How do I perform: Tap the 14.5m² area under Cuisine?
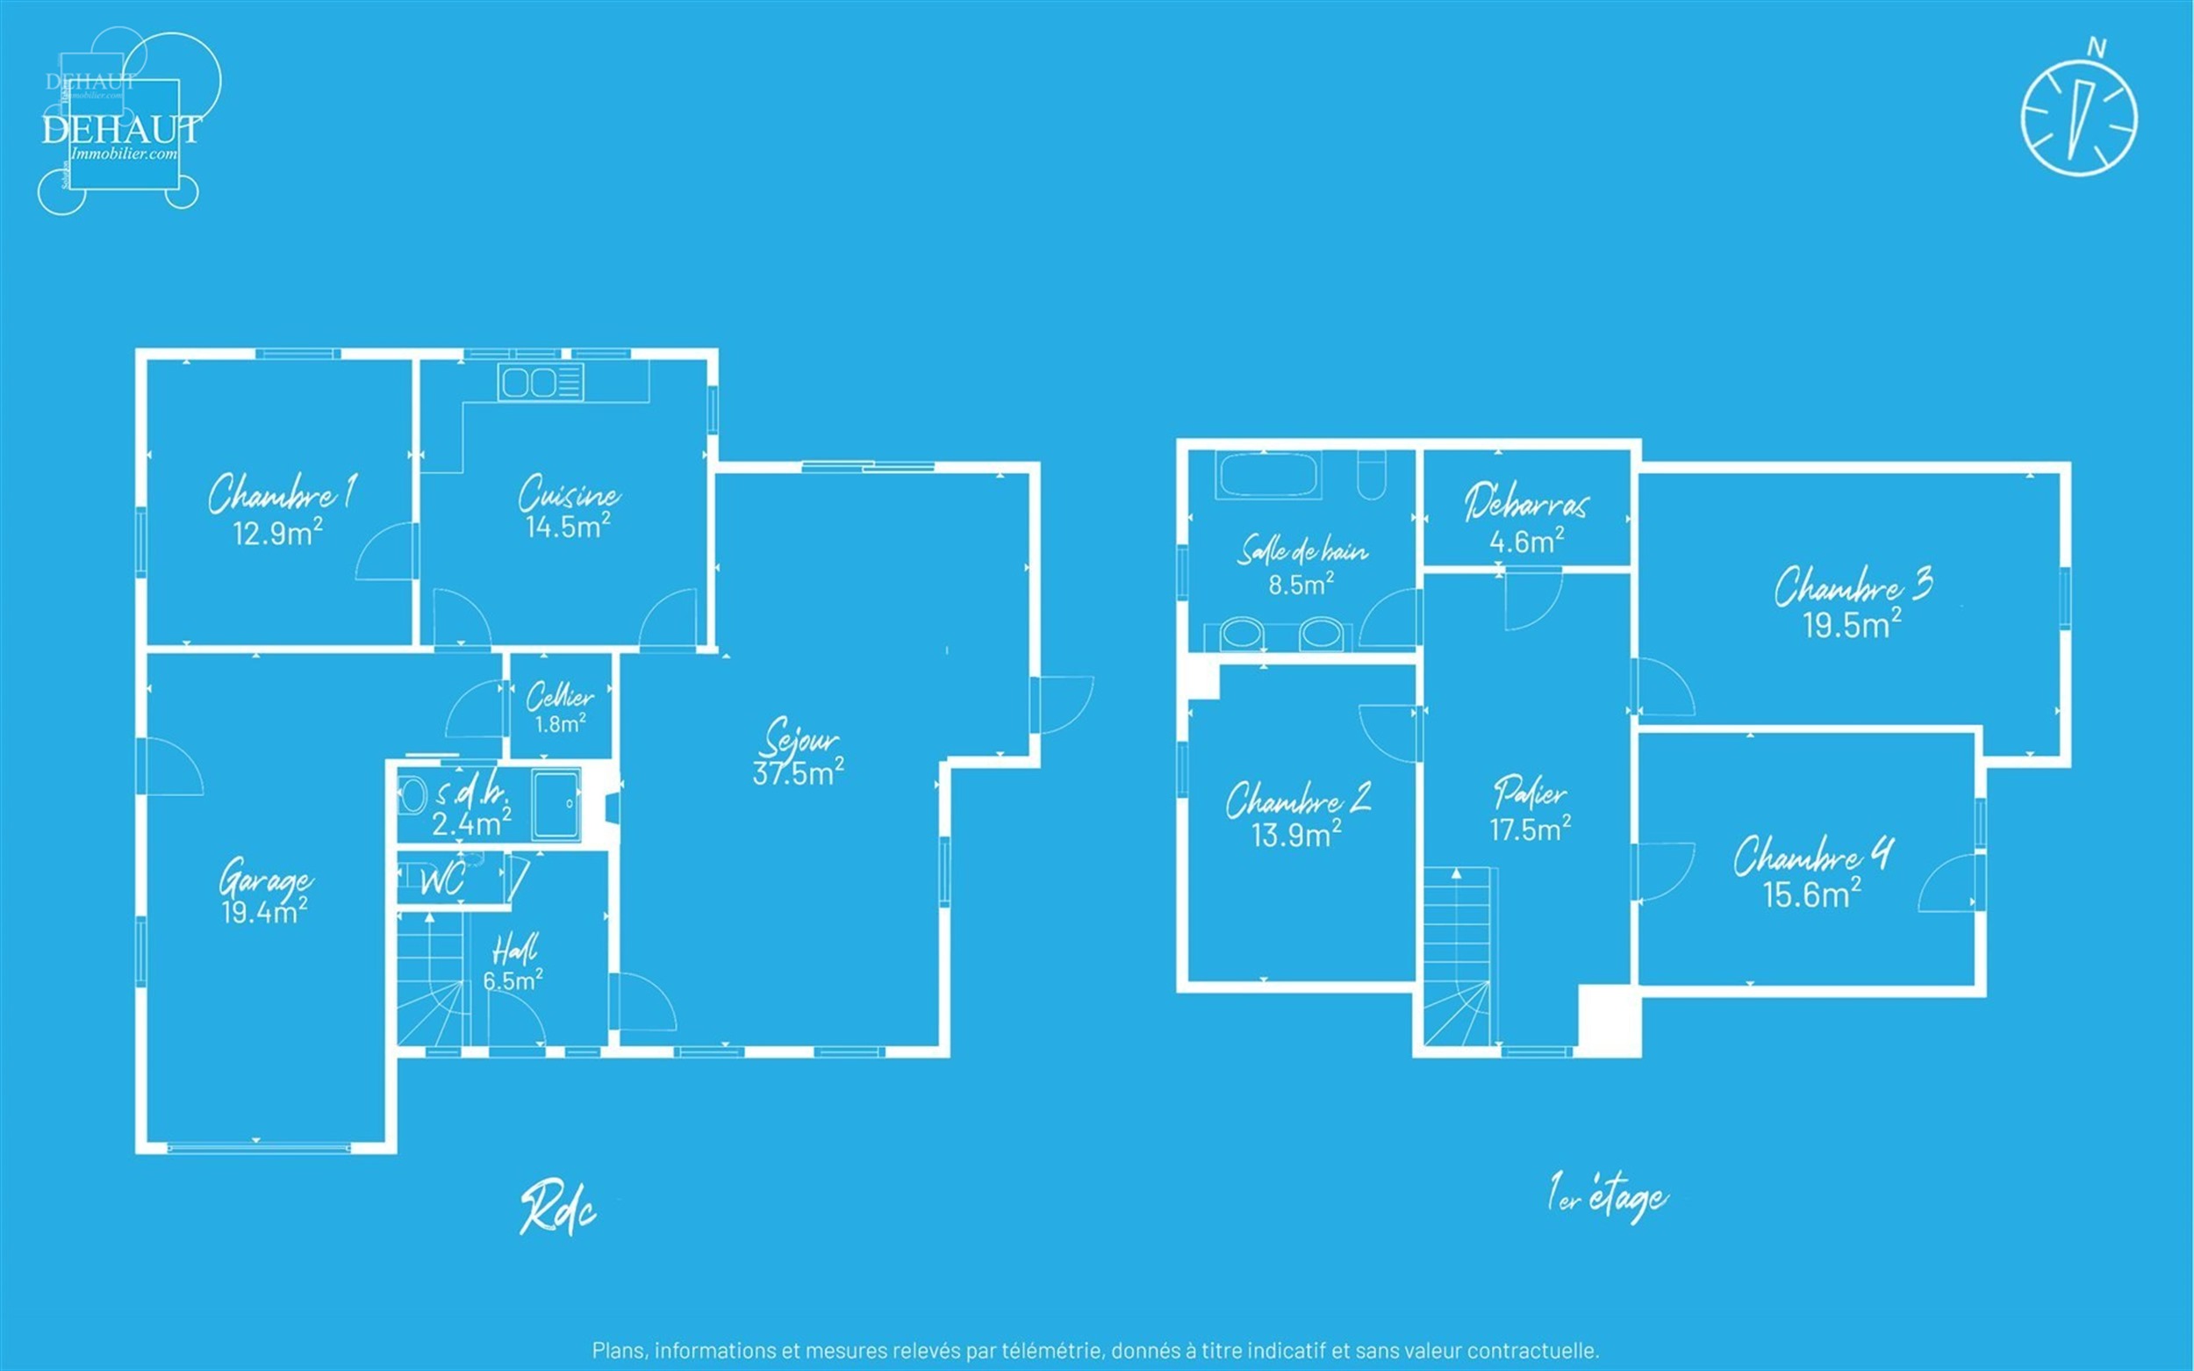pos(568,527)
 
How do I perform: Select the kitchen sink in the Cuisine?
pos(541,383)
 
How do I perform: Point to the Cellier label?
pos(560,696)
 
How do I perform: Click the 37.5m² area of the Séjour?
pos(798,772)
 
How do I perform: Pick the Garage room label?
pos(266,879)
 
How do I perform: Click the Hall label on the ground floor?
pos(514,950)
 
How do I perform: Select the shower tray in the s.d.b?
pos(556,804)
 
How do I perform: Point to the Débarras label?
pos(1526,502)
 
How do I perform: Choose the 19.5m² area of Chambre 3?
pos(1852,626)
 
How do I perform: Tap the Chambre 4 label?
pos(1813,856)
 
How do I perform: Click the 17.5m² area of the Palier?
pos(1531,829)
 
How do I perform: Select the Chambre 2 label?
pos(1298,800)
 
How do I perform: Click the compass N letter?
pos(2096,47)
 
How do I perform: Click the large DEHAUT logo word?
pos(121,130)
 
